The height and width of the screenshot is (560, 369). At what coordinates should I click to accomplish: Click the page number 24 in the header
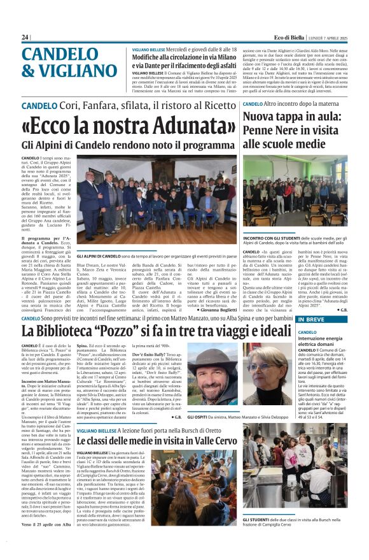[25, 38]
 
